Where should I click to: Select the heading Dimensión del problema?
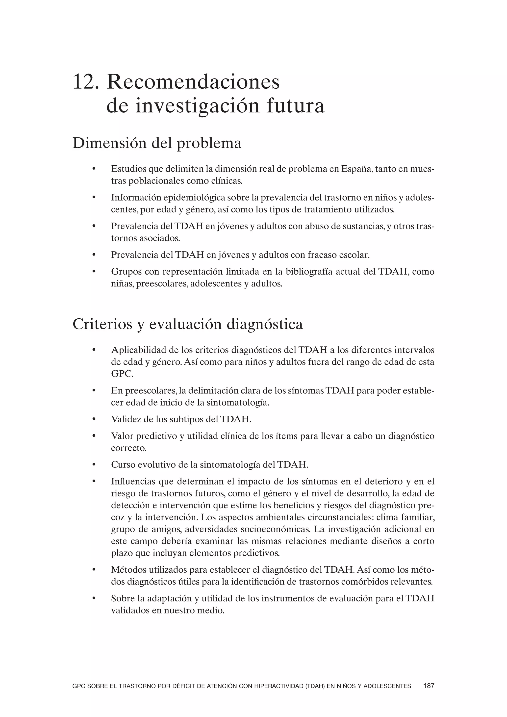[157, 143]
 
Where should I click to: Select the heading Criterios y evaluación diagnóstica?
[187, 324]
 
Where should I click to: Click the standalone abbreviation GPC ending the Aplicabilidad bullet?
[122, 374]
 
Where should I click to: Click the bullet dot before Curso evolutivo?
[93, 465]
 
